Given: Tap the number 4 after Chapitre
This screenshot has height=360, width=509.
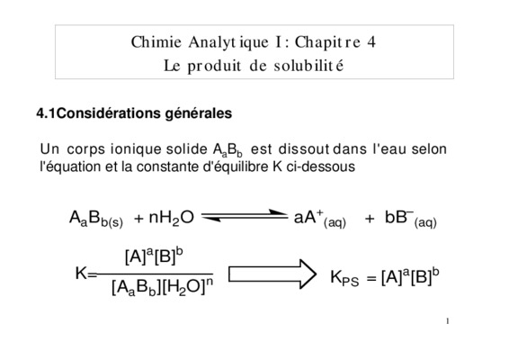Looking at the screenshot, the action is point(371,42).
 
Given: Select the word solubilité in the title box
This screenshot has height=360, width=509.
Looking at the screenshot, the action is point(308,66).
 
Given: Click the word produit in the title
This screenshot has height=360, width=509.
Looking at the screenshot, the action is point(214,67).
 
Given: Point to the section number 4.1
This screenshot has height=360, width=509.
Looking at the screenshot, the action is point(46,113).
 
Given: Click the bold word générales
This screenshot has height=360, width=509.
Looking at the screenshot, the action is point(199,114).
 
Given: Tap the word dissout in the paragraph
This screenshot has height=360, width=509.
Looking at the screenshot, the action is point(304,149).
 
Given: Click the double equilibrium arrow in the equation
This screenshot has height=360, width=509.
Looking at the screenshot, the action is point(245,216).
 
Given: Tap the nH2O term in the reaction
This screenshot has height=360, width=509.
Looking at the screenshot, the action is point(172,218).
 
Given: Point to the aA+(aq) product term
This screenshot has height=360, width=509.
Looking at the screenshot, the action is point(320,219).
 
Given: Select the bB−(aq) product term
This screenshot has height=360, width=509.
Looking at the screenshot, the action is point(411,219).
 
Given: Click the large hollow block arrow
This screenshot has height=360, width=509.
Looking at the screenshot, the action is point(272,274).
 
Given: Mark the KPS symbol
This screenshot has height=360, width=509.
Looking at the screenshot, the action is point(344,278).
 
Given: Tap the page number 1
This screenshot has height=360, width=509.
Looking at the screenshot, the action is point(448,321).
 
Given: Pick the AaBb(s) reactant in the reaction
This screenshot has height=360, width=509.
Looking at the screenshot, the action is point(96,219).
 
